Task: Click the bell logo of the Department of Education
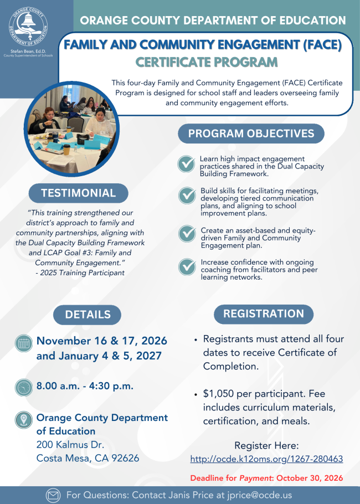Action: point(28,25)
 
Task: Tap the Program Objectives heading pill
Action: point(251,133)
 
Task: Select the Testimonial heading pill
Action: point(79,193)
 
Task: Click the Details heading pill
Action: point(88,315)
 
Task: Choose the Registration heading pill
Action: point(264,313)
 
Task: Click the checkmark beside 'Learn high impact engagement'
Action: point(187,164)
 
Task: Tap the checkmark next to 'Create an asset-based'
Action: point(187,234)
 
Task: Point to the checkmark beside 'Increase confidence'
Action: point(187,267)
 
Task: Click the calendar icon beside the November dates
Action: point(24,343)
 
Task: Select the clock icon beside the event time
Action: point(24,387)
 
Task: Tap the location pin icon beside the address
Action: point(24,420)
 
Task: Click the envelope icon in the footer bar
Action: point(53,495)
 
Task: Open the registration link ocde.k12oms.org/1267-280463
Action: point(266,459)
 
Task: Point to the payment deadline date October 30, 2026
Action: point(310,478)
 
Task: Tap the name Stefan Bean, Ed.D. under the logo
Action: point(28,52)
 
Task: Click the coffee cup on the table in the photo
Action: point(66,150)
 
